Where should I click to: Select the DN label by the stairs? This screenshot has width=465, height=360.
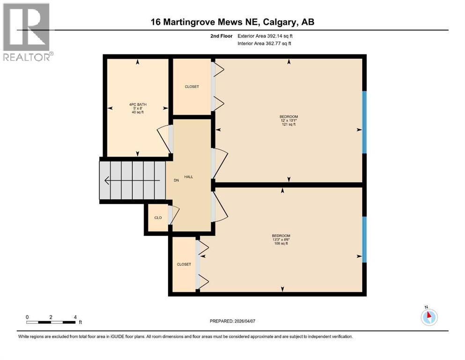coord(177,180)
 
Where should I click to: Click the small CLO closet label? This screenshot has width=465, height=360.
coord(158,217)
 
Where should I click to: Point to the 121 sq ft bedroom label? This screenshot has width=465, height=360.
coord(288,120)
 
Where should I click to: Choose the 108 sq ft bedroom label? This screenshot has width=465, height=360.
coord(281,240)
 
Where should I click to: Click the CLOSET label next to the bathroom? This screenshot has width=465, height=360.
coord(192,87)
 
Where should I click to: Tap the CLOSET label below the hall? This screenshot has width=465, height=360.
coord(184,264)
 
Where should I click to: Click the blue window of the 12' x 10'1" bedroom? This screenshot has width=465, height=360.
coord(364,122)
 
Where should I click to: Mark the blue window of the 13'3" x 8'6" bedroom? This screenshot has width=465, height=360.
coord(364,240)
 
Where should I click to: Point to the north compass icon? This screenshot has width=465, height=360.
coord(428,317)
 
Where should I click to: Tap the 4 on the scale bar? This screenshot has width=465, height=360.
coord(75,316)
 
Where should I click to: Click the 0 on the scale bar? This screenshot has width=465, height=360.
coord(28,316)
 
